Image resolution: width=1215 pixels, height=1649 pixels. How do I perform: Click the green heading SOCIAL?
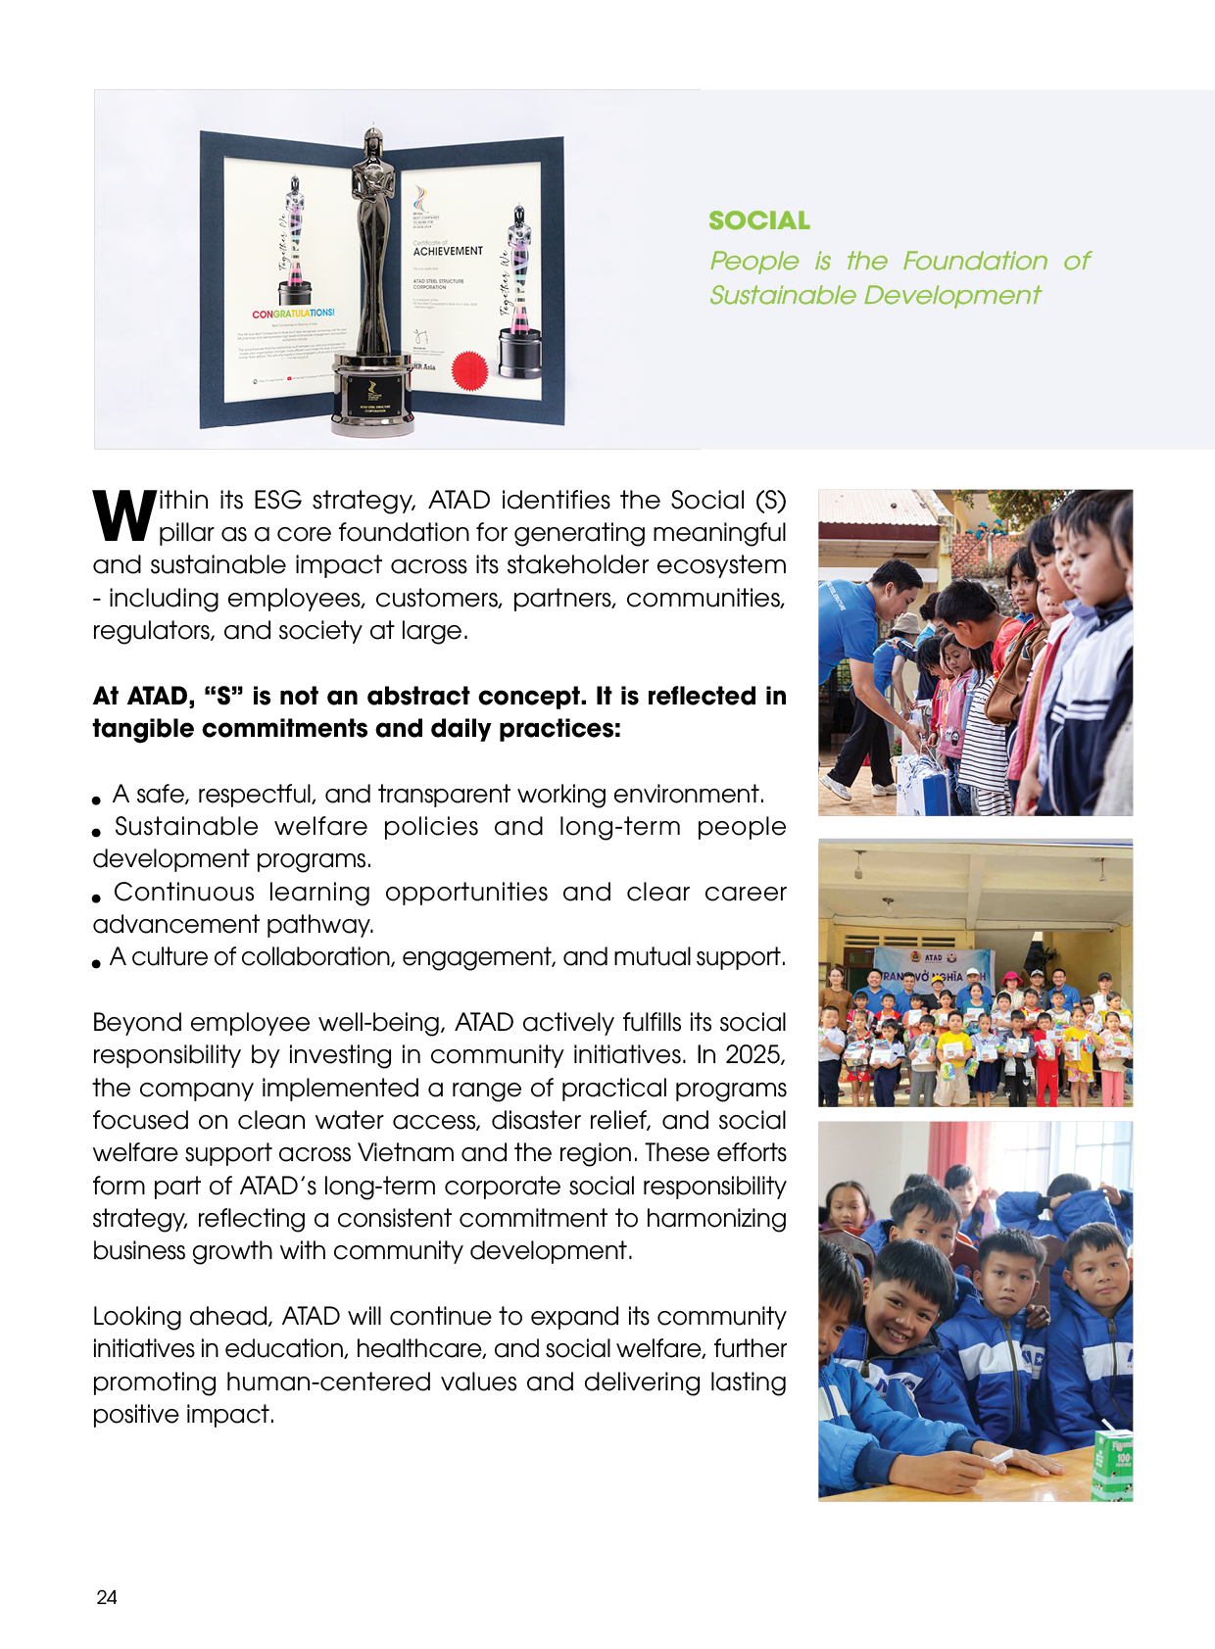coord(759,220)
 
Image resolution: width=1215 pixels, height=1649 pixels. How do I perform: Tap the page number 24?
coord(107,1597)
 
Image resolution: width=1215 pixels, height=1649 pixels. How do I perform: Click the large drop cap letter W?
coord(123,515)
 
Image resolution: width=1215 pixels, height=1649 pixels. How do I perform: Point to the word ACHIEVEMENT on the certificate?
coord(448,251)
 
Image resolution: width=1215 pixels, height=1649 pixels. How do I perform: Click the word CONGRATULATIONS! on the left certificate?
coord(293,314)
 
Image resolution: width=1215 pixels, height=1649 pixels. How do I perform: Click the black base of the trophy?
coord(373,396)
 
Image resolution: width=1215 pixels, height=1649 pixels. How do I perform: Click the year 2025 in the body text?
coord(754,1054)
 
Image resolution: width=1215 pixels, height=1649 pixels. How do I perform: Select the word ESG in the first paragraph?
coord(277,500)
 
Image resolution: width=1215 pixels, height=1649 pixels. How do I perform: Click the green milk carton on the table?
coord(1113,1464)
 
